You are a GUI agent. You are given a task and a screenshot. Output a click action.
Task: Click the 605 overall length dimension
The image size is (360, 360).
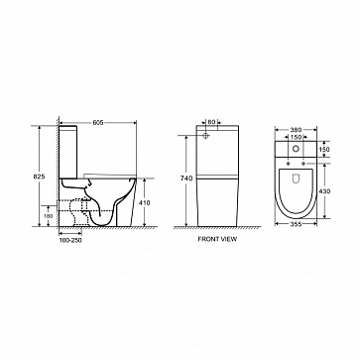(98, 123)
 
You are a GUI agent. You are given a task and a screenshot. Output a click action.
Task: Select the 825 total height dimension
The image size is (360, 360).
(39, 177)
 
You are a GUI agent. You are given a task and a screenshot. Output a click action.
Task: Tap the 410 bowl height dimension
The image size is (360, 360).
(144, 202)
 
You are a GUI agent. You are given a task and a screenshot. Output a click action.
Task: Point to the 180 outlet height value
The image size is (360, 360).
(49, 215)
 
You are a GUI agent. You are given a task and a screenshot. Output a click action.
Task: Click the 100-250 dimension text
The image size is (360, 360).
(70, 240)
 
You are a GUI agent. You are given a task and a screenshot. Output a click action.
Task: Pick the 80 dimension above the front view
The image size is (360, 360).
(212, 122)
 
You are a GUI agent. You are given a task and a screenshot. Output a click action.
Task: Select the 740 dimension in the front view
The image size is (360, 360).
(186, 179)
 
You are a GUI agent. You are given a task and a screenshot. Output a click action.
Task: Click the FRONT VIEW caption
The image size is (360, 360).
(217, 239)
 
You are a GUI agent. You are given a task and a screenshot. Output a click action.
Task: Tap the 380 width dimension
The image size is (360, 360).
(297, 130)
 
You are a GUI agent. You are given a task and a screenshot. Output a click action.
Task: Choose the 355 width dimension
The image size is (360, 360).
(297, 224)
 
